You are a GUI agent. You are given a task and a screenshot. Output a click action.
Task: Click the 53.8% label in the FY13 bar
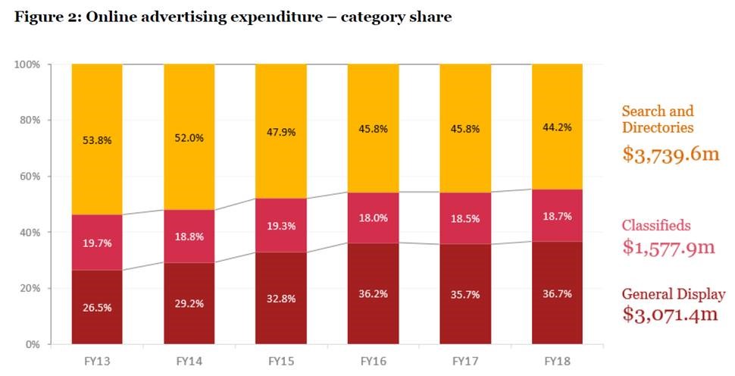(96, 139)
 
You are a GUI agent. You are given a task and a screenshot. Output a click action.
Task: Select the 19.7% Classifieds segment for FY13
(96, 243)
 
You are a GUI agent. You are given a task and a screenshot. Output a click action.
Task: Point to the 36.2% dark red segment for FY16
(373, 291)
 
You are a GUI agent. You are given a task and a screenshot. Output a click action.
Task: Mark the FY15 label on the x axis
(280, 360)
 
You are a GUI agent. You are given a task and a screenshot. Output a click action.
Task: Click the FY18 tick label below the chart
(558, 360)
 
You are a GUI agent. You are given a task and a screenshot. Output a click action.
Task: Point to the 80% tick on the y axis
(29, 121)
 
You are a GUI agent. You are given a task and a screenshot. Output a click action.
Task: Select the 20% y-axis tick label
(29, 289)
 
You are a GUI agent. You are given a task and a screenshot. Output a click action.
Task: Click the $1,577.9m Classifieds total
(669, 247)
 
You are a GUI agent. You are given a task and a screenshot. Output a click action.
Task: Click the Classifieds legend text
(656, 225)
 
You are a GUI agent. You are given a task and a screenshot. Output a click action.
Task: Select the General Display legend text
(673, 295)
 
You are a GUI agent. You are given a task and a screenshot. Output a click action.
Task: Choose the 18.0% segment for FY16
(373, 218)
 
